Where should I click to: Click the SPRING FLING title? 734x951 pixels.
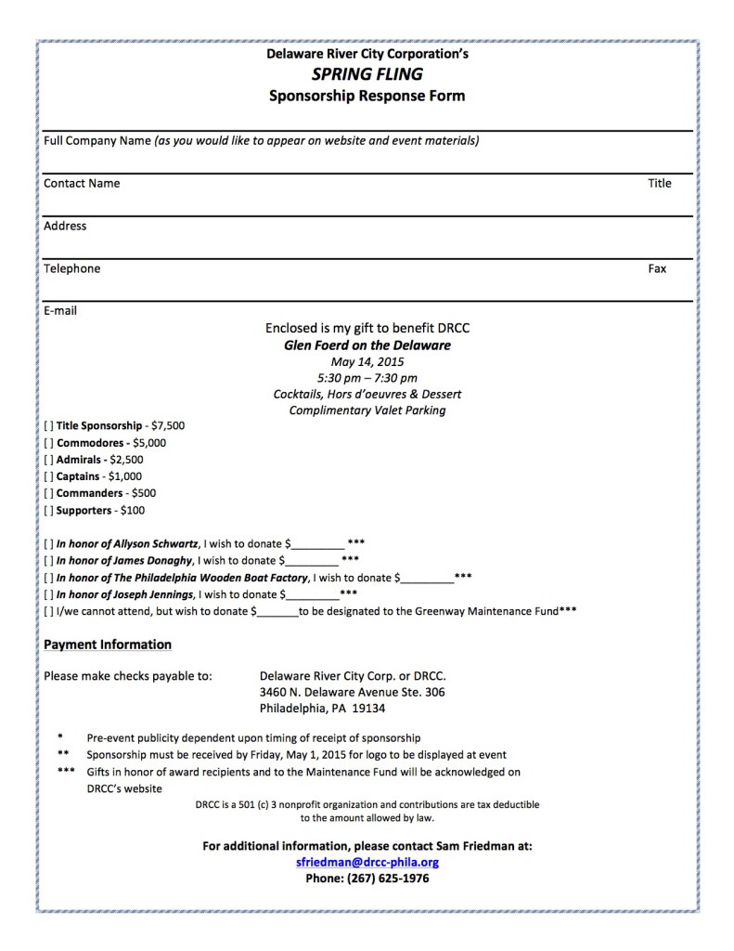point(367,75)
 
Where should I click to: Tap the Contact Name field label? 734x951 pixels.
point(82,183)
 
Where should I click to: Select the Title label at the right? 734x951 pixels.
point(659,183)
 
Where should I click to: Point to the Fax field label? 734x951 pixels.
point(657,268)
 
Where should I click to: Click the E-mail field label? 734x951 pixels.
point(60,310)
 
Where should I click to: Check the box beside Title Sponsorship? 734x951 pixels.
point(48,425)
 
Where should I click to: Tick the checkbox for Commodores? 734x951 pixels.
point(48,442)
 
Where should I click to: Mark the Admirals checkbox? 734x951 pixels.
point(48,459)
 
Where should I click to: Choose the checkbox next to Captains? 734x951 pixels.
point(48,475)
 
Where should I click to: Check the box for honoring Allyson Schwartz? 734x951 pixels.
point(48,543)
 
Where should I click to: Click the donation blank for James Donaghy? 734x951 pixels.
point(312,561)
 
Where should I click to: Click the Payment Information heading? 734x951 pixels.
point(108,645)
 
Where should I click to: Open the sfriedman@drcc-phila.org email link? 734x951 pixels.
point(367,862)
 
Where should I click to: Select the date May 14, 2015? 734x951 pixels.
point(367,361)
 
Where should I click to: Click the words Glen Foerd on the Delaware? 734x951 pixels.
point(367,345)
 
